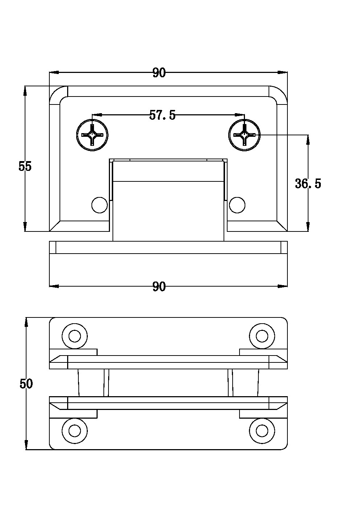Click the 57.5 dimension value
tap(163, 115)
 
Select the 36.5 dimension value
tap(308, 184)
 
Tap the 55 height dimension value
tap(25, 167)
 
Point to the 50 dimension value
tap(26, 384)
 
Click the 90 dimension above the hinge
tap(159, 73)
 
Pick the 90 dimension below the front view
tap(159, 287)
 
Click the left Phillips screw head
tap(93, 135)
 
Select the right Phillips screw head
tap(245, 135)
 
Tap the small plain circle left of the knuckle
tap(100, 205)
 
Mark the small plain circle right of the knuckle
tap(237, 205)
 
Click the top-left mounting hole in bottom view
tap(75, 336)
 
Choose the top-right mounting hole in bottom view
tap(262, 336)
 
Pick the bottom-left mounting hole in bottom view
tap(75, 431)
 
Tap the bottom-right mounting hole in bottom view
tap(262, 431)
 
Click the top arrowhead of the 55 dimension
tap(25, 91)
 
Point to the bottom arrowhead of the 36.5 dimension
tap(308, 227)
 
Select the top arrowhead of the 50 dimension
tap(26, 323)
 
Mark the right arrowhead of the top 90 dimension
tap(283, 73)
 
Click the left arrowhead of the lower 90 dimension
tap(54, 286)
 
